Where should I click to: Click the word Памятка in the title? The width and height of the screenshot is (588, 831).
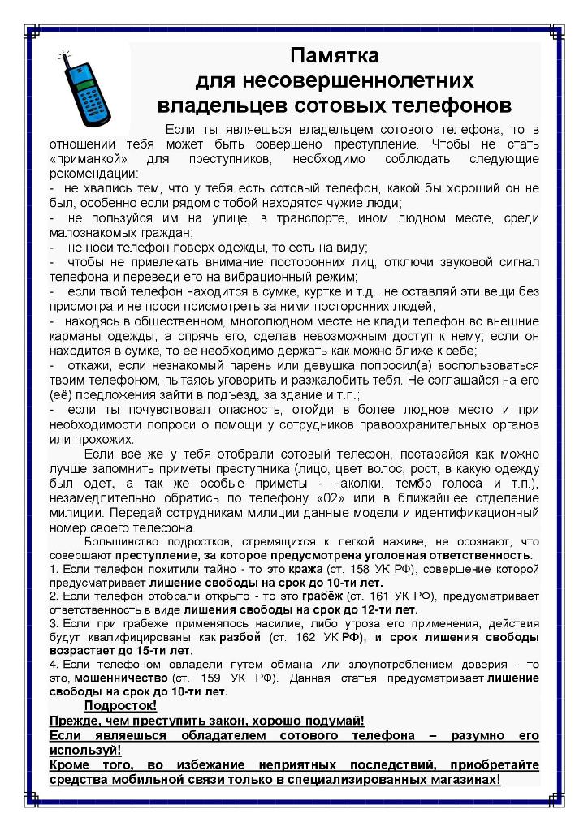tap(335, 57)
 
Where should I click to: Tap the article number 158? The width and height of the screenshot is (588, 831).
tap(345, 570)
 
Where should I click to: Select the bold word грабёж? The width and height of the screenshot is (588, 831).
tap(322, 596)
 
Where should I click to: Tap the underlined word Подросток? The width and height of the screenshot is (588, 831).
tap(121, 706)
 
